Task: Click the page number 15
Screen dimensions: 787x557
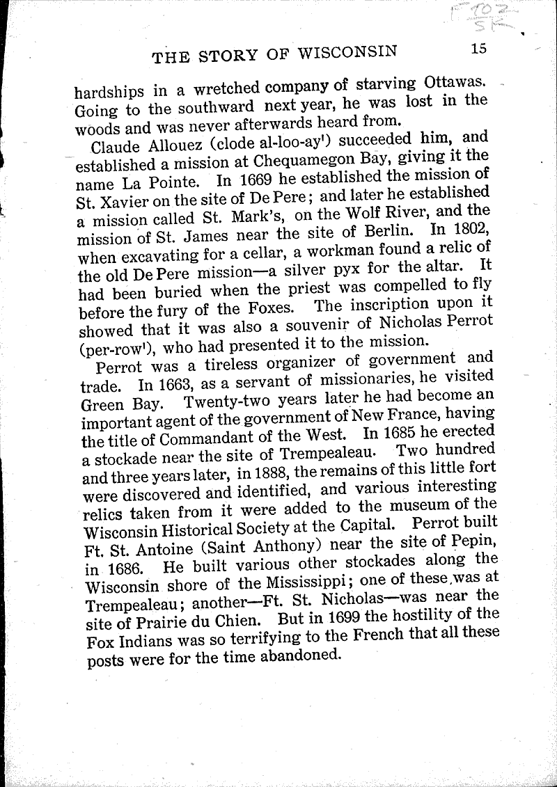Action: coord(478,49)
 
